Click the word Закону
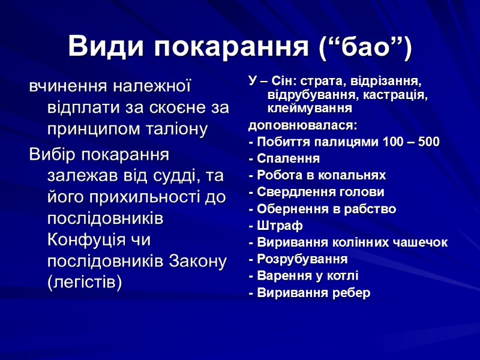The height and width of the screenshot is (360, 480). [199, 261]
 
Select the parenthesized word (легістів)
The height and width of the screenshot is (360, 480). [84, 282]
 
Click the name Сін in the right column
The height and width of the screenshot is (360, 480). [283, 80]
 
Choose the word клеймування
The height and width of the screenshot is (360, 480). [309, 109]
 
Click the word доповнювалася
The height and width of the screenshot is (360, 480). [302, 126]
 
